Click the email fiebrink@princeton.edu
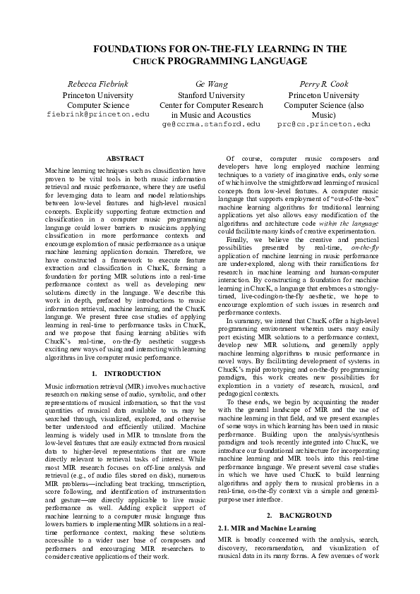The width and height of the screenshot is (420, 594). point(98,114)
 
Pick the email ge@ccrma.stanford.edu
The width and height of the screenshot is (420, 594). point(211,123)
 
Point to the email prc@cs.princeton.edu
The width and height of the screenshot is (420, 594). point(324,123)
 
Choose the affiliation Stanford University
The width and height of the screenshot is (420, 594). point(211,95)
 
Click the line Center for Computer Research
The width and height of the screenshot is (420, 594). point(211,104)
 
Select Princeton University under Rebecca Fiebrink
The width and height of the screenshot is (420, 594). point(98,95)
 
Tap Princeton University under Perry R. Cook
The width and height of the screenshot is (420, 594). point(324,95)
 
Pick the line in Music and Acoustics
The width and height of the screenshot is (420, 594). point(211,114)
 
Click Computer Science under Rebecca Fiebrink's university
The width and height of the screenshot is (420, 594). point(98,104)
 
